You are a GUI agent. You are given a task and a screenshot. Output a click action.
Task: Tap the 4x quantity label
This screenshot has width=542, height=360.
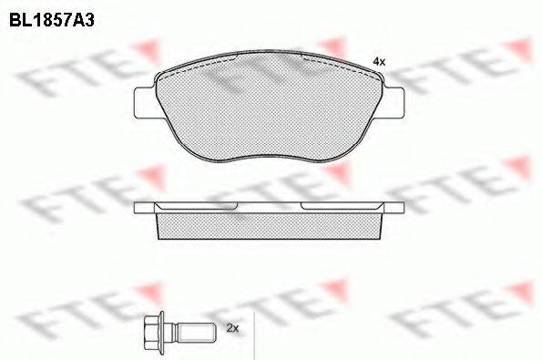click(380, 60)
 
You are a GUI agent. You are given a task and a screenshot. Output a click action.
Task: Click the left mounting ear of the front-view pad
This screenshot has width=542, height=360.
click(144, 100)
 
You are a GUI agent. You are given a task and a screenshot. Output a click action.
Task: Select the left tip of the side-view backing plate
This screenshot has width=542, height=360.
click(138, 207)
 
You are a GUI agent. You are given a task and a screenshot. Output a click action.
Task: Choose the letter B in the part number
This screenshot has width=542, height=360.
click(15, 16)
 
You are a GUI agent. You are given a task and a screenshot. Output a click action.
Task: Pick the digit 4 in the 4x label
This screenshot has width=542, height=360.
click(376, 60)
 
